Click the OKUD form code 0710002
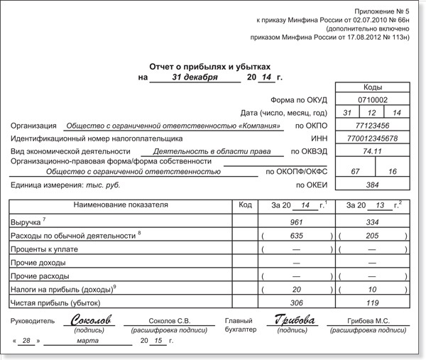tap(372, 100)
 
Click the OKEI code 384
tap(372, 185)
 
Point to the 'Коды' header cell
tap(372, 87)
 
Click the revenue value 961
tap(296, 222)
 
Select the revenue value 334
tap(371, 222)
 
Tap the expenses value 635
tap(296, 235)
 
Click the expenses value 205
tap(371, 235)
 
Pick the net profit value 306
tap(296, 302)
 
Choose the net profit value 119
tap(371, 302)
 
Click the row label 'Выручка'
tap(26, 222)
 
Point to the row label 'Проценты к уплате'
tap(43, 249)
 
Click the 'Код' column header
tap(245, 205)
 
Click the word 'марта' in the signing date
tap(87, 342)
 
